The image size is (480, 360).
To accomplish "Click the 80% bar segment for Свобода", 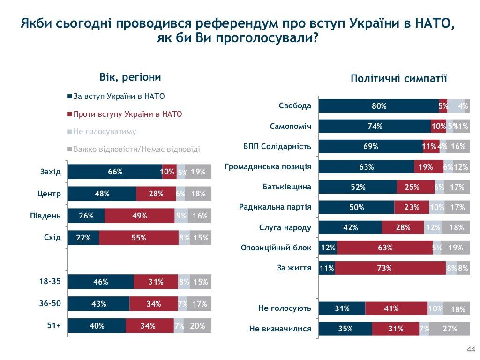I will coord(379,106).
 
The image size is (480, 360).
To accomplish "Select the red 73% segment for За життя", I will coord(390,268).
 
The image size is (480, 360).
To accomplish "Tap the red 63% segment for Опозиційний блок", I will coord(385,248).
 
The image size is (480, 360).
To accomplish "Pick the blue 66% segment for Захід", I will coord(115,172).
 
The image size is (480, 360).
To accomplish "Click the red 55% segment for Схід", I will coord(139,238).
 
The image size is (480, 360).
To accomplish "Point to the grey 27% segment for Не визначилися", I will coord(450,329).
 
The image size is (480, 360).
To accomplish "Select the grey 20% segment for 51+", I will coord(197,326).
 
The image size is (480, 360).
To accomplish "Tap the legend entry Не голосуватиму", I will coord(105,132).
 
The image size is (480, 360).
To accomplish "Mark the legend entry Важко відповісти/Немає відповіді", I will coord(136,150).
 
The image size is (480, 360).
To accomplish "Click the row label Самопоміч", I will coord(291,126).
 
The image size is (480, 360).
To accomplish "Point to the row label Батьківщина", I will coord(287,187).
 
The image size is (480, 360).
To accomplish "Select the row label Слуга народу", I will coord(285,228).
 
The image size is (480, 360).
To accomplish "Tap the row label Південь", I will coord(45,216).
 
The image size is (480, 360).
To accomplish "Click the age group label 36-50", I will coord(50,303).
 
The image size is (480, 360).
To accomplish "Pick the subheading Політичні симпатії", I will coord(399,79).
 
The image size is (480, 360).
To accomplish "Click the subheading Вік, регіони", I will coord(130,77).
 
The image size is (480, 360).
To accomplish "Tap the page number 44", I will coord(471,349).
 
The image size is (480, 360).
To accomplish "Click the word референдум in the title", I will coord(230,23).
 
